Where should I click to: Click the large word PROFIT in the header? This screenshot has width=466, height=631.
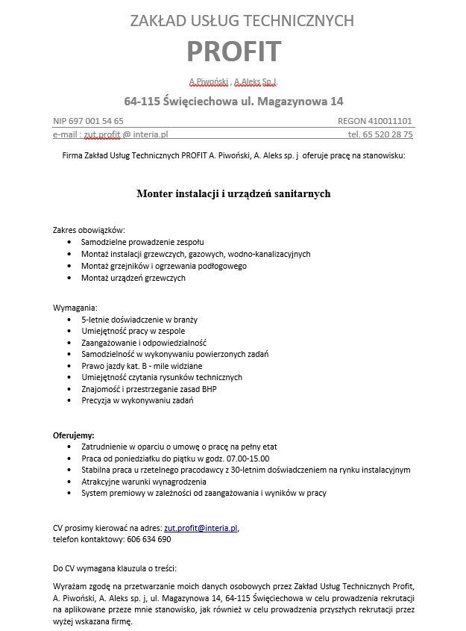click(233, 52)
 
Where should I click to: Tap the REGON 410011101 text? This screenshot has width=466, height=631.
click(375, 120)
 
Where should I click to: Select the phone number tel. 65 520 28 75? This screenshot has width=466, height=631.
click(380, 134)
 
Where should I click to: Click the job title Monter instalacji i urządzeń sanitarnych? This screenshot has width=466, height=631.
click(233, 193)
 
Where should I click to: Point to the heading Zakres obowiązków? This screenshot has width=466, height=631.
click(89, 229)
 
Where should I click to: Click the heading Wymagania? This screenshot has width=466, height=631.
click(75, 307)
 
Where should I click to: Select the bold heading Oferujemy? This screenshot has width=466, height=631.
click(73, 435)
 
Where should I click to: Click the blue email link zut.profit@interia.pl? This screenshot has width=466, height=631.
click(201, 528)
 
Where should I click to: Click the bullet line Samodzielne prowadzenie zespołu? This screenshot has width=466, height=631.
click(142, 242)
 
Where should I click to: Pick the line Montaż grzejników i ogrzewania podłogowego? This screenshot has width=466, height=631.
click(164, 266)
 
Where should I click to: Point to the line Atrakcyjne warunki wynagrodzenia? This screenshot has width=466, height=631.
click(151, 482)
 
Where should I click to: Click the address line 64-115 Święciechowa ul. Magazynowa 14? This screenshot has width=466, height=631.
click(233, 101)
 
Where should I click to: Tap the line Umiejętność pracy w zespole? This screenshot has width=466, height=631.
click(133, 331)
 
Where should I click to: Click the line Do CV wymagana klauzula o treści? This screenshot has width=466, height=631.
click(115, 568)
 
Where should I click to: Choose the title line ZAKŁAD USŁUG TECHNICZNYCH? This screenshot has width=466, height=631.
click(233, 21)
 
